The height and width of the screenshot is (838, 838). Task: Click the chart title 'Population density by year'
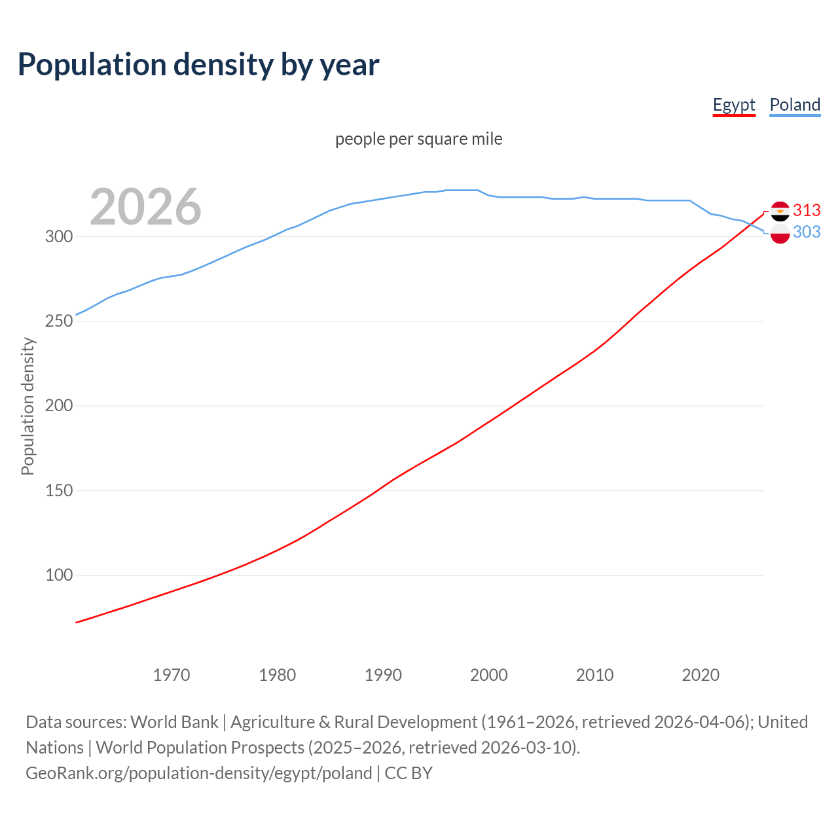point(198,65)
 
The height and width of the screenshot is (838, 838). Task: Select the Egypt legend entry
point(734,105)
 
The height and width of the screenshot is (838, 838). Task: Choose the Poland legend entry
point(795,105)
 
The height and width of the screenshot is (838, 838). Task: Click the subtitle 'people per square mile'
point(419,139)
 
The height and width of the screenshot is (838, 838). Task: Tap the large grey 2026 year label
point(145,207)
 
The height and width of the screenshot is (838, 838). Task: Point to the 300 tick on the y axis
point(58,237)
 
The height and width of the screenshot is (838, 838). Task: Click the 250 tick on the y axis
point(58,321)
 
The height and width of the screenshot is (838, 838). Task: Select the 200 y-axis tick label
point(58,406)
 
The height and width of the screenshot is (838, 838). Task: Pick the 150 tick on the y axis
point(58,491)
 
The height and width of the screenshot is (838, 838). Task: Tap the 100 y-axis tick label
point(58,575)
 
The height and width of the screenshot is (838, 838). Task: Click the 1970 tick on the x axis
point(172,675)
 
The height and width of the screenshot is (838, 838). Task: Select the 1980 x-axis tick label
point(278,675)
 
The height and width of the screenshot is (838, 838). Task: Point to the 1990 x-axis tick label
point(383,675)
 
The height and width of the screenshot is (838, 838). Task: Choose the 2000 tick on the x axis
point(489,675)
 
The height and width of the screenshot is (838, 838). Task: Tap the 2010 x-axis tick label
point(594,675)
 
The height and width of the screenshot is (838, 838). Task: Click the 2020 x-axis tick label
point(701,675)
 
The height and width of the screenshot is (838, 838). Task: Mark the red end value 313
point(807,210)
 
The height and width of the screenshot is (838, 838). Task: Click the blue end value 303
point(807,232)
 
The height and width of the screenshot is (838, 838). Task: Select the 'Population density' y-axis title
point(27,406)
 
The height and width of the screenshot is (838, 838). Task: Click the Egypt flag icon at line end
point(780,211)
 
